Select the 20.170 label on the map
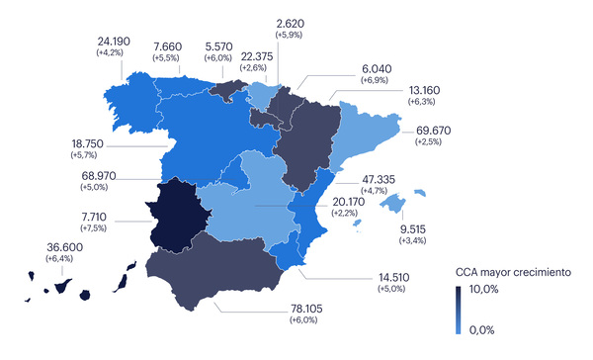(346, 201)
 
